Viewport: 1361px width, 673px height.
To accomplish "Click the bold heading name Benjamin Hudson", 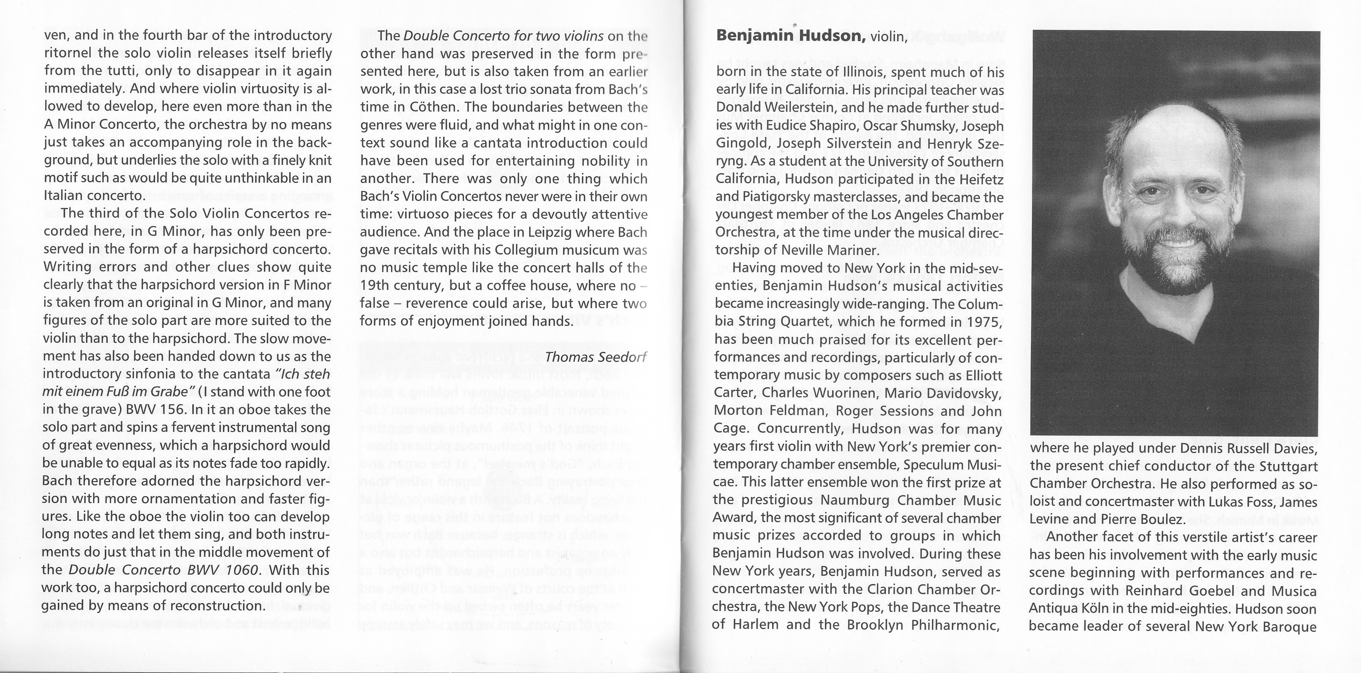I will [x=791, y=36].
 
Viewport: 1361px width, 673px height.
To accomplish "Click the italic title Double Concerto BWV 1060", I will [x=164, y=570].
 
